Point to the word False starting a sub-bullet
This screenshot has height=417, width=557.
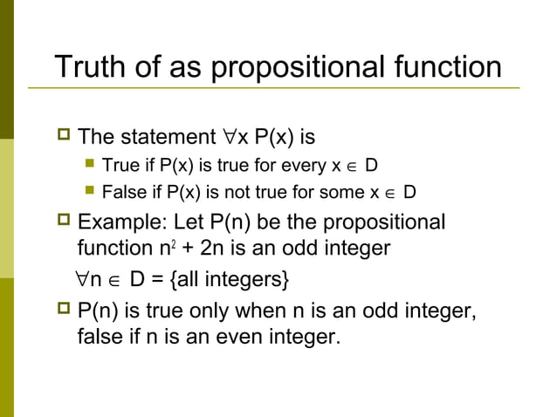[x=121, y=192]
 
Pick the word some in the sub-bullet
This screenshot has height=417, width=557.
[x=345, y=192]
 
